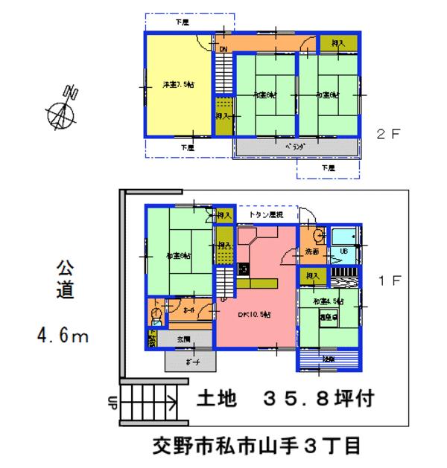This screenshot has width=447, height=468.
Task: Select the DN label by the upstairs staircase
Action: [223, 50]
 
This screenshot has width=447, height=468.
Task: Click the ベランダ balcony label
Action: [297, 147]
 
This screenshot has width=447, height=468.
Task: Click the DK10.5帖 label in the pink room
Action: [255, 315]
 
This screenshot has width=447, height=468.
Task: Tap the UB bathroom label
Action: [344, 251]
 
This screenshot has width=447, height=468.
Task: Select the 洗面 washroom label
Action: [311, 253]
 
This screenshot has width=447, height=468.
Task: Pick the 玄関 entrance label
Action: [183, 339]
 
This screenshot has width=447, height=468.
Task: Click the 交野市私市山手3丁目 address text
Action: [256, 446]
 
